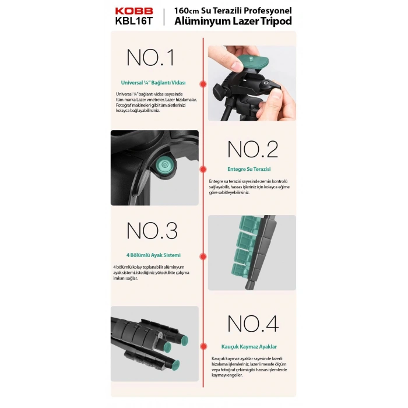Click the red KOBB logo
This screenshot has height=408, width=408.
(x=134, y=11)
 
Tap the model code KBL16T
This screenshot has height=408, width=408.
(x=133, y=21)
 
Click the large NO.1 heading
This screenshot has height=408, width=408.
(x=150, y=57)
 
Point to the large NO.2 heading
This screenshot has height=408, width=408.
(x=253, y=149)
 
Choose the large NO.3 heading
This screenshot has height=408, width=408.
(x=152, y=231)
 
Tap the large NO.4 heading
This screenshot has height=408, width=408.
(x=253, y=323)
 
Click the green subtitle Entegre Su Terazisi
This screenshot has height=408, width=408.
(x=249, y=169)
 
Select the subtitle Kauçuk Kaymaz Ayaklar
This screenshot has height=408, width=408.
(x=249, y=347)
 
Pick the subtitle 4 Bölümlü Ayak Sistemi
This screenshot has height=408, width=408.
(x=153, y=255)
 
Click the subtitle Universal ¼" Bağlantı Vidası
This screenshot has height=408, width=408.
(x=153, y=83)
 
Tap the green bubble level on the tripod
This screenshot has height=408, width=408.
(x=164, y=165)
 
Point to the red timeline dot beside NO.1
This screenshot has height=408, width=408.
(x=203, y=84)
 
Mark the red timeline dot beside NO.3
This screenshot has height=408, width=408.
(x=203, y=256)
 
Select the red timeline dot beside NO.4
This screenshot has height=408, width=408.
(x=204, y=346)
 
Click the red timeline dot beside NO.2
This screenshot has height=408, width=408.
(x=203, y=170)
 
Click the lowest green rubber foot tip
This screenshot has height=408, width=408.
(x=176, y=365)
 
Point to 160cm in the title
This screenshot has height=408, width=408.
(x=187, y=10)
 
